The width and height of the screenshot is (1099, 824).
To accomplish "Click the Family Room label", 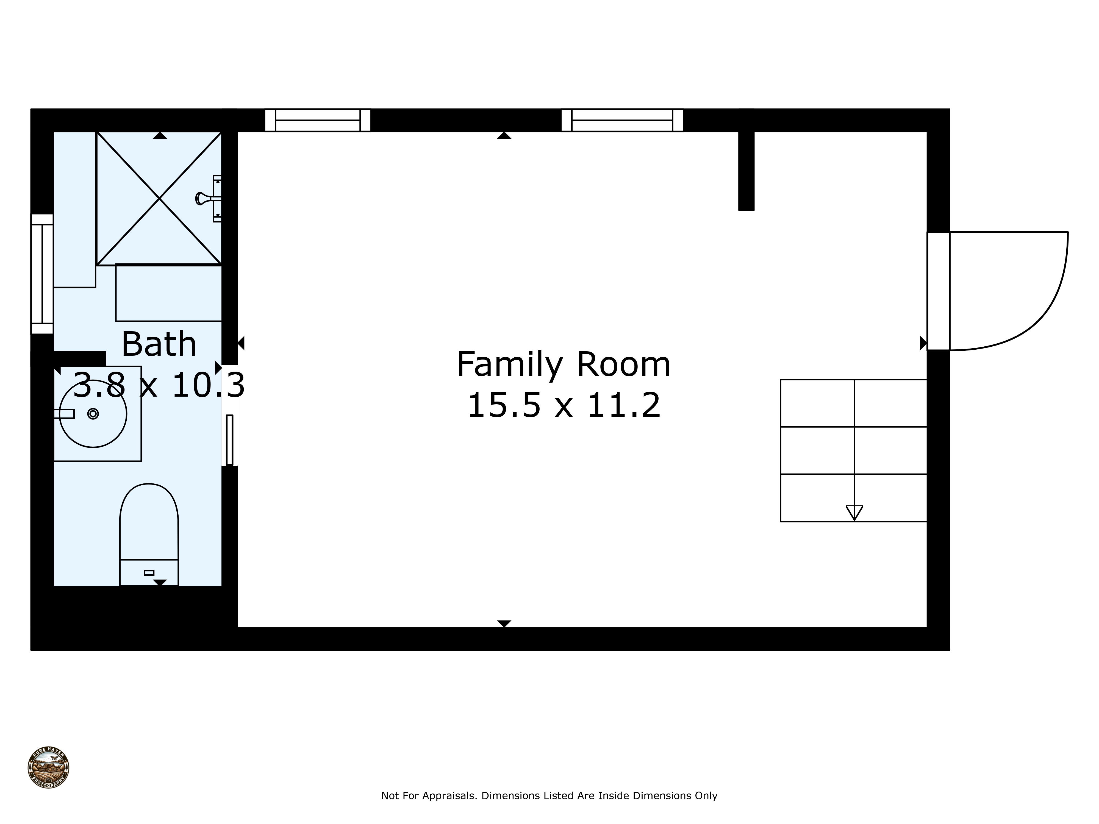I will click(x=564, y=364).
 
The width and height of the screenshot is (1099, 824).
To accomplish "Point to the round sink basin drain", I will click(x=93, y=414).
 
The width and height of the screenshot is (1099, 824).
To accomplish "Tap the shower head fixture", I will click(x=204, y=199).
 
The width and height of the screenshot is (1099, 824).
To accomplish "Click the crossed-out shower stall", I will click(x=159, y=198).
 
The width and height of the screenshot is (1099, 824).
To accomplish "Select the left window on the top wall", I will click(x=318, y=120).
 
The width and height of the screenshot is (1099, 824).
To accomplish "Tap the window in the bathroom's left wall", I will click(x=42, y=274).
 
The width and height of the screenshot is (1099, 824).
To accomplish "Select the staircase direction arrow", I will click(x=854, y=512).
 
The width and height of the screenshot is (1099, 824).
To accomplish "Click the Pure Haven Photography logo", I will click(x=48, y=768).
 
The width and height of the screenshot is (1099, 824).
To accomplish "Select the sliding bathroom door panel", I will click(x=229, y=440).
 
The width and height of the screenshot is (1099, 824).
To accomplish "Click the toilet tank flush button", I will click(x=149, y=573).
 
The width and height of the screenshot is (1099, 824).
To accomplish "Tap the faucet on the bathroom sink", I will click(x=65, y=414).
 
